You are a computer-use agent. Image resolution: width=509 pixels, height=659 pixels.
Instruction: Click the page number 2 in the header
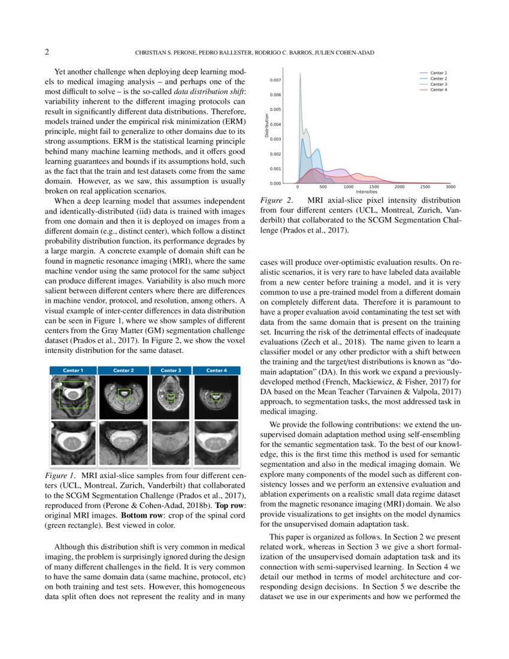(47, 52)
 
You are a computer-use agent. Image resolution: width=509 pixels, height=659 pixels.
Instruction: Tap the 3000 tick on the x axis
(450, 187)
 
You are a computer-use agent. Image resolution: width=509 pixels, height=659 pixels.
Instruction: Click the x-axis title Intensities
(366, 192)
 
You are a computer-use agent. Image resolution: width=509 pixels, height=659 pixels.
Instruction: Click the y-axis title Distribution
(266, 127)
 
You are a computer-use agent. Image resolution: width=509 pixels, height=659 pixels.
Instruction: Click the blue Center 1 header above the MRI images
(71, 370)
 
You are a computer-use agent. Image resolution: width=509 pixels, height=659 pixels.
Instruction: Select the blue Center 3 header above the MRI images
(171, 370)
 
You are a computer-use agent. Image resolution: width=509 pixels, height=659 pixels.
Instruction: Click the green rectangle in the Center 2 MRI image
(123, 394)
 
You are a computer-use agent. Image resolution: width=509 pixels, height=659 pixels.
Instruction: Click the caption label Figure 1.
(58, 475)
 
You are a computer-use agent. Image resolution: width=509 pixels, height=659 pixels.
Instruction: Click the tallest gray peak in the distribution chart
(300, 75)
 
